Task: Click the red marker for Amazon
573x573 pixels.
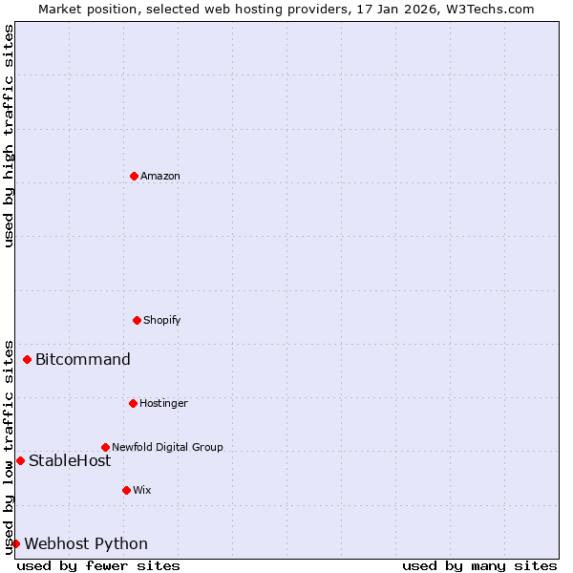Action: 134,176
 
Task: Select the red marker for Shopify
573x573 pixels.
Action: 137,320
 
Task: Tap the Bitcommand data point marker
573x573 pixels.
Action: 27,359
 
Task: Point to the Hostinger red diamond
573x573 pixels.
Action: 133,403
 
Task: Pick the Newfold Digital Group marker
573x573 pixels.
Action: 105,447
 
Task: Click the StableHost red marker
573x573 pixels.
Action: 20,460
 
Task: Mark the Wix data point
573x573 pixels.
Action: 126,490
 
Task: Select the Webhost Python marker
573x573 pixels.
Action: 15,543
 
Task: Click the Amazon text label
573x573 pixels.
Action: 160,176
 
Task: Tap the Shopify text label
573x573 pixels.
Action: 162,320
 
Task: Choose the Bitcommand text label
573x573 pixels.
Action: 83,359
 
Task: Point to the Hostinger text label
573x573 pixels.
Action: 163,403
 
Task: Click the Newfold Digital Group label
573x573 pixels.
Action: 167,447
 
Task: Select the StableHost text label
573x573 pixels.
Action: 70,460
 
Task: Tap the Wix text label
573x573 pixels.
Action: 142,490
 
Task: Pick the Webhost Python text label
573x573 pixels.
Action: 86,543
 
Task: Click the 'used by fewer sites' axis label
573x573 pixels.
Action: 98,565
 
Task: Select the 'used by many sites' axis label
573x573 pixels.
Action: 479,565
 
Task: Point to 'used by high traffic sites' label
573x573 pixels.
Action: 9,136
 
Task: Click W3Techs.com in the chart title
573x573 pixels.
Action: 494,9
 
